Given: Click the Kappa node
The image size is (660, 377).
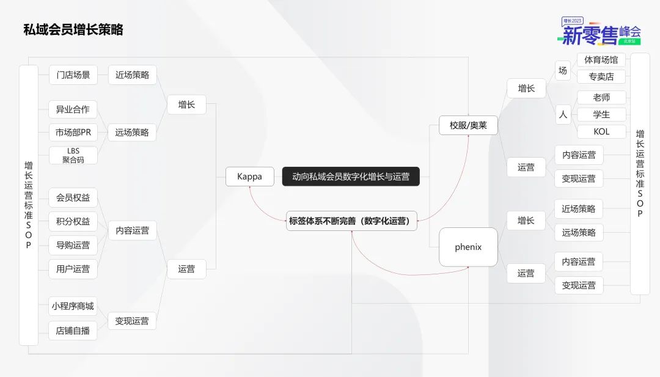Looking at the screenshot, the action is click(x=249, y=177).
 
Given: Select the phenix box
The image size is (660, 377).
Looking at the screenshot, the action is click(x=468, y=247).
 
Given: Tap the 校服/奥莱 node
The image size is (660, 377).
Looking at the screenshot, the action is click(x=468, y=125).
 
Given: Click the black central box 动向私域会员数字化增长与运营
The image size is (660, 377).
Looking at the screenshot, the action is click(x=351, y=177).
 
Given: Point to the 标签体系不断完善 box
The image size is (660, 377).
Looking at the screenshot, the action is click(x=351, y=221).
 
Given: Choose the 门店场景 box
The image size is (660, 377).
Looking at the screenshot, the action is click(x=73, y=75).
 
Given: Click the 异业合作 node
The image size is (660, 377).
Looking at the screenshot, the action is click(x=73, y=109).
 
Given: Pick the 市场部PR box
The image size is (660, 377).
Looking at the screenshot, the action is click(x=73, y=133).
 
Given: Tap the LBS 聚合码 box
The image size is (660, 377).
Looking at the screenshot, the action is click(x=73, y=155).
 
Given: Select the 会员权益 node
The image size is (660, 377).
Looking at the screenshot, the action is click(x=73, y=198).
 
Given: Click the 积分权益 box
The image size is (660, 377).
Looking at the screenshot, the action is click(x=73, y=221).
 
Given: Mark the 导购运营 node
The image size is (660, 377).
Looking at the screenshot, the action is click(x=73, y=245).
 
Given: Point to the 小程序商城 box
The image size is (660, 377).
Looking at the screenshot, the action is click(x=73, y=306).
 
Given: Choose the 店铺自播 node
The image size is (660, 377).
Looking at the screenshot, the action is click(x=73, y=331).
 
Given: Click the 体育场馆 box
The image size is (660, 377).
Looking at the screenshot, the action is click(x=601, y=60).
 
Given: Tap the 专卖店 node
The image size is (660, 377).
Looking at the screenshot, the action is click(x=601, y=76).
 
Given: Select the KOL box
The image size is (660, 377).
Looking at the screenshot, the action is click(x=601, y=132).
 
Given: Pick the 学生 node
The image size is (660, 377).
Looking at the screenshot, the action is click(x=601, y=114).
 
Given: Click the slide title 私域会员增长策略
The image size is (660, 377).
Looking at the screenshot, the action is click(x=73, y=30).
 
